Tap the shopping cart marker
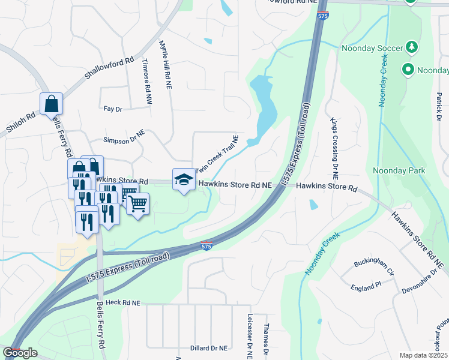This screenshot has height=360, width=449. click(x=138, y=205)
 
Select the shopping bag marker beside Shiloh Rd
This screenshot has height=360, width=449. click(x=52, y=104)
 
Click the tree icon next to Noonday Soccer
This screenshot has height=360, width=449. click(x=412, y=47)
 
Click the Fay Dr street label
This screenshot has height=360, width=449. click(x=113, y=109)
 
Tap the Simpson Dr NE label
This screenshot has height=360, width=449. click(x=124, y=140)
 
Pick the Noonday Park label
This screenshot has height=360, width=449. click(x=399, y=170)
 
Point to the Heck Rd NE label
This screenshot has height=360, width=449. click(x=122, y=303)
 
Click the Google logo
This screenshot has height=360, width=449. click(x=20, y=353)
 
